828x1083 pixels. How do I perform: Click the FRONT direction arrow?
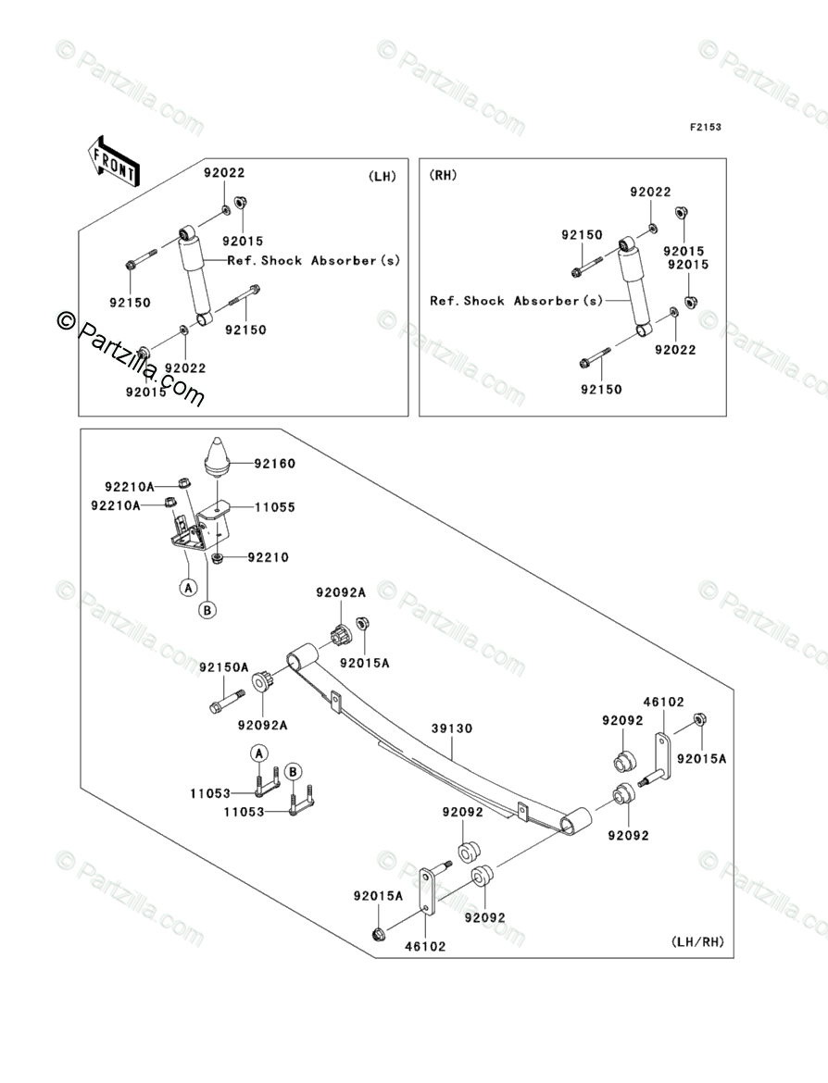pyautogui.click(x=113, y=161)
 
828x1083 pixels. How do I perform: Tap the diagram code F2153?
pyautogui.click(x=705, y=127)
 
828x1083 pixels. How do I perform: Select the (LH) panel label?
pyautogui.click(x=383, y=176)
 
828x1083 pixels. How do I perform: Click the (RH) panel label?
pyautogui.click(x=443, y=176)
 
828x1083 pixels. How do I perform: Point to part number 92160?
pyautogui.click(x=274, y=464)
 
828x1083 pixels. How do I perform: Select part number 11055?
pyautogui.click(x=274, y=507)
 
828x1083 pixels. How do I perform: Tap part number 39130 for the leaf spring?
pyautogui.click(x=452, y=728)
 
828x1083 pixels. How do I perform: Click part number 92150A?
pyautogui.click(x=224, y=667)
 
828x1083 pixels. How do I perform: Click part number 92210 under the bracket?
pyautogui.click(x=269, y=557)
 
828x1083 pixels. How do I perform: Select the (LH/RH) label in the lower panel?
pyautogui.click(x=697, y=941)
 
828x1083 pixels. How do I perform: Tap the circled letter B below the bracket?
pyautogui.click(x=207, y=610)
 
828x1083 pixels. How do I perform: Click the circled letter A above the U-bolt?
pyautogui.click(x=258, y=753)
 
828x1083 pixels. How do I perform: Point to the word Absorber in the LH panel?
pyautogui.click(x=343, y=260)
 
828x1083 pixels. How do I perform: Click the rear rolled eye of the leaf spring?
pyautogui.click(x=575, y=821)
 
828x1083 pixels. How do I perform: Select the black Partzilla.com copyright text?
pyautogui.click(x=131, y=358)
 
